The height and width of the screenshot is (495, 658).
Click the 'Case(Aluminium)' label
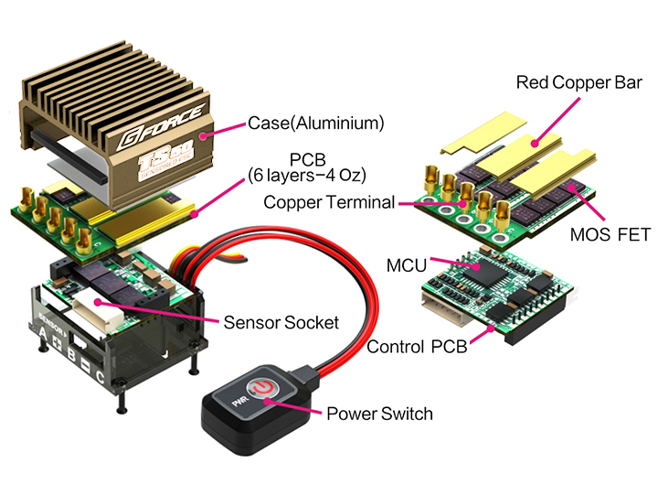315,122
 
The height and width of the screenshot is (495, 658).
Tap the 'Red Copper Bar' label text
575,82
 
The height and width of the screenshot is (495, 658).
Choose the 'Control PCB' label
420,348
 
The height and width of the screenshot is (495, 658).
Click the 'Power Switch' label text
379,414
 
